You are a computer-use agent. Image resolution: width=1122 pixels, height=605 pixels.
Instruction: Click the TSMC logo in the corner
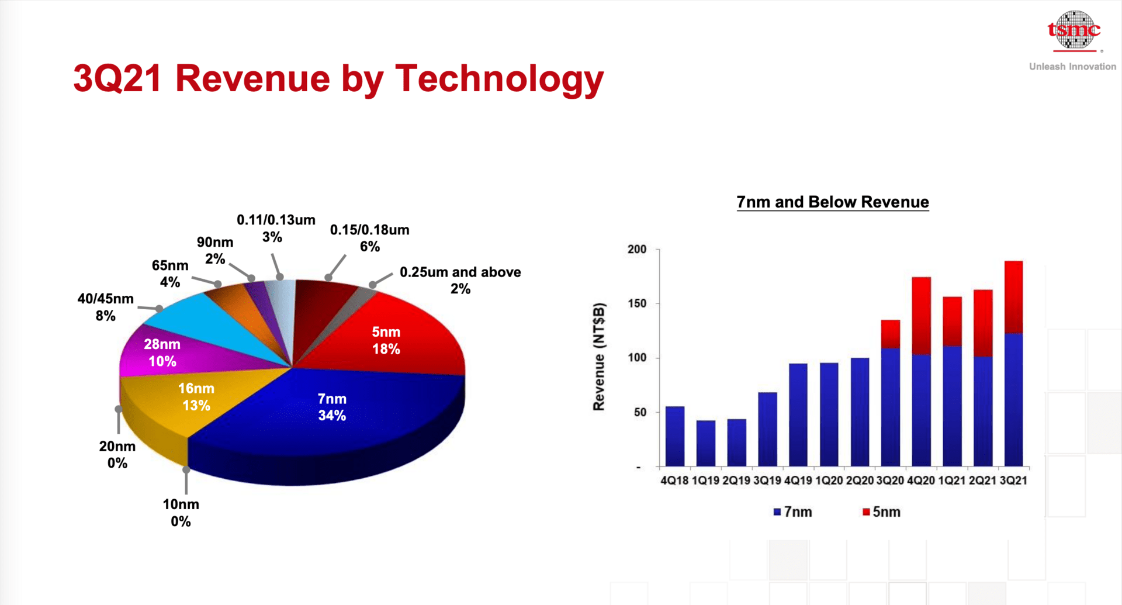(x=1073, y=30)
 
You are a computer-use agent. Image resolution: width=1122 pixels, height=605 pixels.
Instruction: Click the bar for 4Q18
(x=675, y=436)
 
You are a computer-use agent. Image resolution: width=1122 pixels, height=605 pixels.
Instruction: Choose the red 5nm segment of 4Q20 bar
(x=922, y=316)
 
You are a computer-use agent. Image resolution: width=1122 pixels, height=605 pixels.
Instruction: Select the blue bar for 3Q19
(x=767, y=429)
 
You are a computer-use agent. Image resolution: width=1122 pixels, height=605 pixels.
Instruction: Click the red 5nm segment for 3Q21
(x=1014, y=297)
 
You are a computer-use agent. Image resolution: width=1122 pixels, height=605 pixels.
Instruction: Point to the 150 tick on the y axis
(x=637, y=303)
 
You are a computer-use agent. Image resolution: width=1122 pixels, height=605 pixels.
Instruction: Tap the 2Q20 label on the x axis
(x=860, y=480)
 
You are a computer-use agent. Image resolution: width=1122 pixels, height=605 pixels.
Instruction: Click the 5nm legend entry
(x=881, y=512)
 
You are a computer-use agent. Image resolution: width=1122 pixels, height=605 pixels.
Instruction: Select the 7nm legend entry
(x=792, y=512)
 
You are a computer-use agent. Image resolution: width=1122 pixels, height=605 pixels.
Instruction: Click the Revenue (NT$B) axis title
(x=598, y=357)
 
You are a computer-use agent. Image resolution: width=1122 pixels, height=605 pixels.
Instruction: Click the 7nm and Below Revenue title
(x=833, y=202)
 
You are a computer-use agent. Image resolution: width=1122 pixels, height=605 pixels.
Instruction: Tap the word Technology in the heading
(x=500, y=79)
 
